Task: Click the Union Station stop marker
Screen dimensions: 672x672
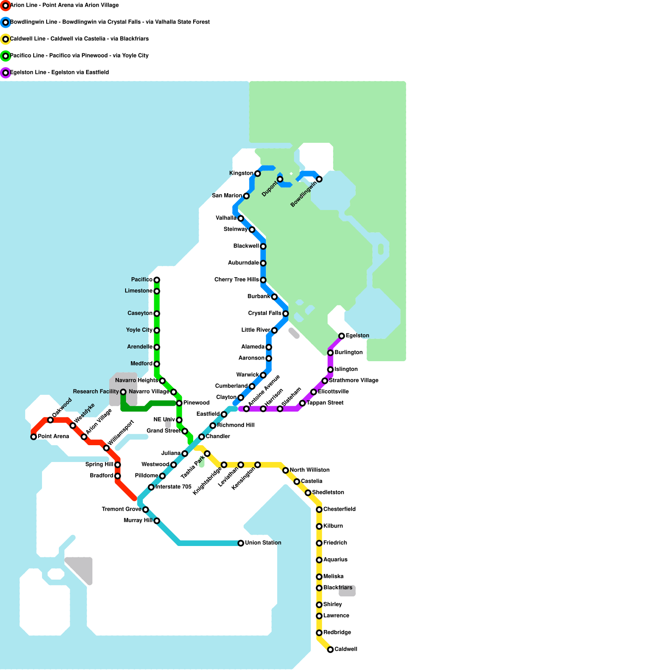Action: pyautogui.click(x=241, y=543)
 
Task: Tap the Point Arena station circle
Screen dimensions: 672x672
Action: pyautogui.click(x=34, y=437)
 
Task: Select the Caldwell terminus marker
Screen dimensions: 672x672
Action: pyautogui.click(x=331, y=649)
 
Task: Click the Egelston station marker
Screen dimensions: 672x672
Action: pyautogui.click(x=341, y=336)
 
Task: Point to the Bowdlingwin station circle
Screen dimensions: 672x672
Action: pyautogui.click(x=319, y=179)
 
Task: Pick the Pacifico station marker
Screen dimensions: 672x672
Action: pyautogui.click(x=157, y=280)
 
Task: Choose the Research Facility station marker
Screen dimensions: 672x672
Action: pyautogui.click(x=123, y=392)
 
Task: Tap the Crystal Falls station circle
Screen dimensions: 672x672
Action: pyautogui.click(x=286, y=313)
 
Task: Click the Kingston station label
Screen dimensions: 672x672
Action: pyautogui.click(x=241, y=173)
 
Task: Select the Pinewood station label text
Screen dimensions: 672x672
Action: pyautogui.click(x=196, y=403)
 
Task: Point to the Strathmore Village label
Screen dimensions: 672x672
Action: pyautogui.click(x=354, y=381)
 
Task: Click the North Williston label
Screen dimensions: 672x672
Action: pyautogui.click(x=310, y=470)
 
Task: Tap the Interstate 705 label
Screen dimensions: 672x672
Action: pyautogui.click(x=173, y=487)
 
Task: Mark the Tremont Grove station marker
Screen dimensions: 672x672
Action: pyautogui.click(x=145, y=509)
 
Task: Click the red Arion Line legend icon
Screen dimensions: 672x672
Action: pyautogui.click(x=5, y=5)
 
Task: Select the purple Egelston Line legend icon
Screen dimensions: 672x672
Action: pyautogui.click(x=5, y=73)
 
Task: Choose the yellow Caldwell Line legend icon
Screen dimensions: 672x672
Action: pyautogui.click(x=5, y=39)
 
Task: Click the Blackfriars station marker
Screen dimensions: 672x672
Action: pyautogui.click(x=319, y=588)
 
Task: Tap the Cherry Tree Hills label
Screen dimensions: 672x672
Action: pyautogui.click(x=236, y=280)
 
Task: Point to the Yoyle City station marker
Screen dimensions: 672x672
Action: pyautogui.click(x=157, y=330)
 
